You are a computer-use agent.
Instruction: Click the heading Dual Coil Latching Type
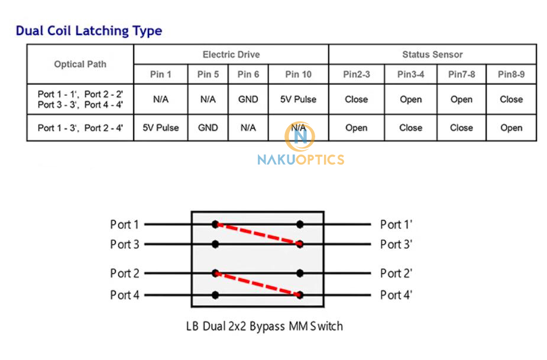89,31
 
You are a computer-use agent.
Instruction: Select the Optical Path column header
80,64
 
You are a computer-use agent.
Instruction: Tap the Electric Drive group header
231,54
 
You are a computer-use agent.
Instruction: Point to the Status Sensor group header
432,54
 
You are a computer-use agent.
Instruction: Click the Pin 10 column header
298,74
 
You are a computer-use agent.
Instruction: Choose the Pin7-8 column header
461,74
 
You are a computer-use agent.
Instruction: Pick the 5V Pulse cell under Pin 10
298,99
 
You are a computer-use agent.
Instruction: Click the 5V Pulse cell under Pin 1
160,128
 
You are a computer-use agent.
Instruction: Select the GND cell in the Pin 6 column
248,99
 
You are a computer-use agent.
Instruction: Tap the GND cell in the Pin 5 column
208,128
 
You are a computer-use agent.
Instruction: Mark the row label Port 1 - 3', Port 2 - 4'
80,128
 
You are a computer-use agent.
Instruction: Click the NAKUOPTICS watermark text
300,159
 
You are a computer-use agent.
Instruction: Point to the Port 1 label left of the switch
124,225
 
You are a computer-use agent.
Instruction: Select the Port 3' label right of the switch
396,244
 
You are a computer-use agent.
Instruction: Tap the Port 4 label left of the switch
124,295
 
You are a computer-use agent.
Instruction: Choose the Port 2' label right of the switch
396,273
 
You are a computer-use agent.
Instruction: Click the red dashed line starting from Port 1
257,233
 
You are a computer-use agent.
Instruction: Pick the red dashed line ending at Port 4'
257,284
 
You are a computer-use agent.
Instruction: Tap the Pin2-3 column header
356,74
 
